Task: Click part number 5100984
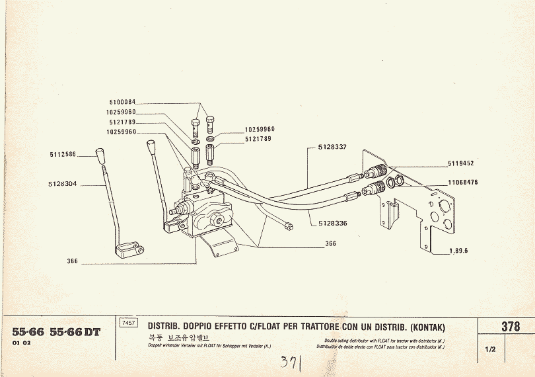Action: [x=122, y=102]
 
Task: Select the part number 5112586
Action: [x=63, y=154]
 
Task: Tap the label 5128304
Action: [x=63, y=185]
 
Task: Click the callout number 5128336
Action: [x=333, y=223]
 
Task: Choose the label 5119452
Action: [x=461, y=162]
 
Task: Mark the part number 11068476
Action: [x=462, y=181]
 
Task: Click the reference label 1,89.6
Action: [x=458, y=250]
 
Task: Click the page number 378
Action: [x=510, y=326]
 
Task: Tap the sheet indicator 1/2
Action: [x=490, y=349]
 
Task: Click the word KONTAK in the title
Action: [x=427, y=327]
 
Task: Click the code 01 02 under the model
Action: [x=21, y=345]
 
